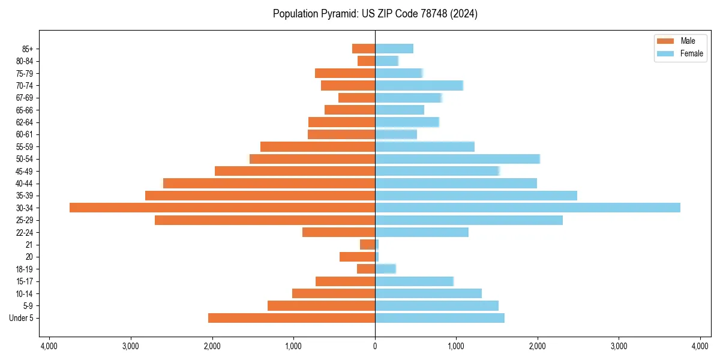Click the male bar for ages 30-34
222,208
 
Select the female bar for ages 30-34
527,208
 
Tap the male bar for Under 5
292,318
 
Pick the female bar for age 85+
394,49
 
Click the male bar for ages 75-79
345,73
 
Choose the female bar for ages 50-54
457,159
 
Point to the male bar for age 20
358,257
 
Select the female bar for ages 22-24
422,232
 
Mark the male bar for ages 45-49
295,171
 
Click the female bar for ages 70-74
419,85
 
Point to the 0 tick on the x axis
375,346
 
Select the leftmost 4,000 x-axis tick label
49,346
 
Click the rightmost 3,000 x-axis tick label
619,346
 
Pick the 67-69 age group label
25,98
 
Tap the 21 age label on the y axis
29,245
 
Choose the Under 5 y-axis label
22,318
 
